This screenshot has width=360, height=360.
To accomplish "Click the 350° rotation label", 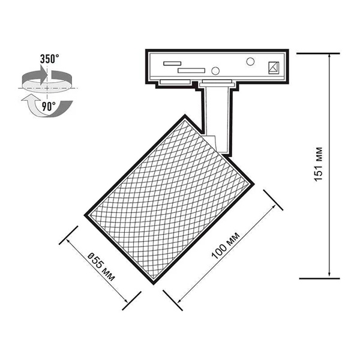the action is point(50,59).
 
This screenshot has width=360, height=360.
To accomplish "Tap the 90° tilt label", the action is point(49,107).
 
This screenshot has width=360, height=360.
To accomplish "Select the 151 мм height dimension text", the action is point(319,164).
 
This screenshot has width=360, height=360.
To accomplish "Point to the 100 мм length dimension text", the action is point(226,245).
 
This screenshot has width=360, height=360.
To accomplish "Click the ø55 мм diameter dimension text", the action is point(101,267).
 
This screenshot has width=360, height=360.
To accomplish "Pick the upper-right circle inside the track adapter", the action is point(250,62).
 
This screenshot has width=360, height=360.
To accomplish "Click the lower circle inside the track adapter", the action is point(215,71).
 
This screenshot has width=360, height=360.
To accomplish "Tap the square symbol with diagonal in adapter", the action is point(274,68).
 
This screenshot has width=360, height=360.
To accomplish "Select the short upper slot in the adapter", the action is point(172,64).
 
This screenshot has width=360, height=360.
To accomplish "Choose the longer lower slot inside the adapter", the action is point(191,70).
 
